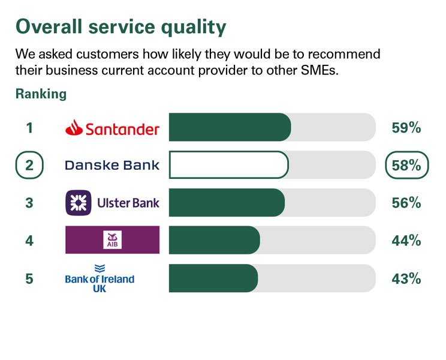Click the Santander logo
(112, 128)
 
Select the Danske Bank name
(112, 165)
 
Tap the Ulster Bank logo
(112, 203)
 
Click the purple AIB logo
(112, 240)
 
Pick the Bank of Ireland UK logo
(100, 278)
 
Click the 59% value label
(406, 128)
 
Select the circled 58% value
(406, 166)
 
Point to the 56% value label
(406, 203)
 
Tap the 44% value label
(406, 241)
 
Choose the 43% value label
(406, 278)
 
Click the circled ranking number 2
(29, 166)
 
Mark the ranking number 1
(29, 128)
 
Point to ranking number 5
(29, 278)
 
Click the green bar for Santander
(230, 127)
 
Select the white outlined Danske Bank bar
(228, 165)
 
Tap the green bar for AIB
(214, 240)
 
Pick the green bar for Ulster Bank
(227, 203)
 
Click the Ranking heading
(41, 94)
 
